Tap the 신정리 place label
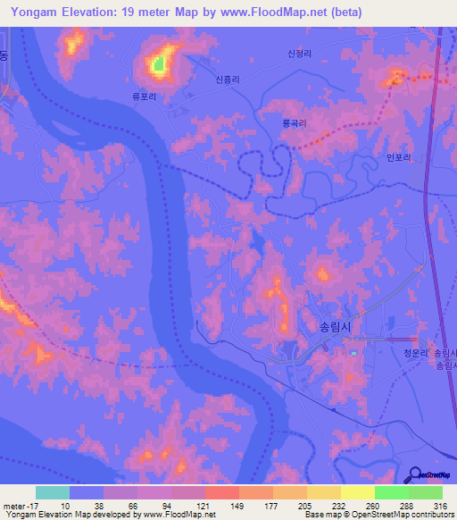299,54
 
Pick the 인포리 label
399,157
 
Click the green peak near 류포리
159,63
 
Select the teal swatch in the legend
53,492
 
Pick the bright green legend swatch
392,492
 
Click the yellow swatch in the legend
357,492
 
